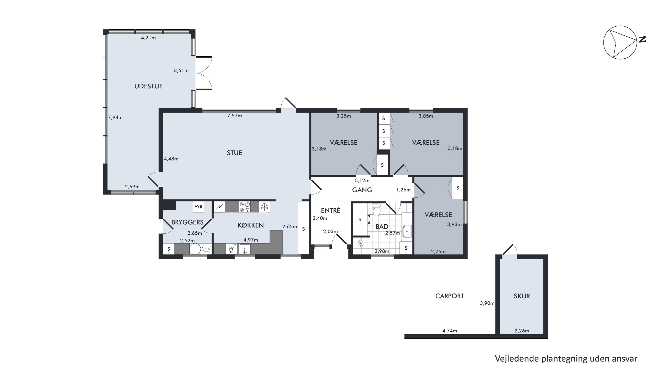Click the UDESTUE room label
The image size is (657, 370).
click(148, 86)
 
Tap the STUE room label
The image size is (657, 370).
click(234, 153)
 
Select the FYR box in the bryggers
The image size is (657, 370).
click(198, 207)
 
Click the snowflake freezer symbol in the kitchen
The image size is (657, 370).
click(265, 207)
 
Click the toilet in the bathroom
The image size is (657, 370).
click(376, 210)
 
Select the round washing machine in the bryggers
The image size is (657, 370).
click(195, 249)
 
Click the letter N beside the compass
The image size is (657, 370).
click(642, 39)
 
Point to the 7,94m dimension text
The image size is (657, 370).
click(115, 118)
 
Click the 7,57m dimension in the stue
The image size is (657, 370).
click(234, 116)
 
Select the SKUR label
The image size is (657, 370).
click(522, 296)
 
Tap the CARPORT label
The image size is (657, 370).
click(450, 296)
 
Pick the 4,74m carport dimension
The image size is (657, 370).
click(450, 331)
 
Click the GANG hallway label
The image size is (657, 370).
click(362, 190)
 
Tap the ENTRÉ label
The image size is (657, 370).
click(330, 210)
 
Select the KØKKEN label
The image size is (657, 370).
click(251, 225)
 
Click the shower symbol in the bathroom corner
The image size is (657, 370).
click(360, 243)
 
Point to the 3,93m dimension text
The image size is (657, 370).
click(454, 224)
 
